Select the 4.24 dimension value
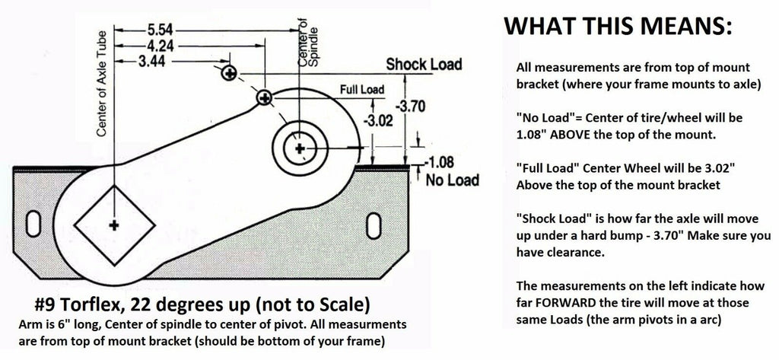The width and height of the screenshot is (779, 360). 158,45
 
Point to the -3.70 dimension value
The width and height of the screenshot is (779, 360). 412,107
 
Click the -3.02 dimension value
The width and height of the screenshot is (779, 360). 377,120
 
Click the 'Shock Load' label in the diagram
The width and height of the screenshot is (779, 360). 424,65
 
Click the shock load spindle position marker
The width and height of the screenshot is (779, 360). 229,74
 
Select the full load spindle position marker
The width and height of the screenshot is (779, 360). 264,97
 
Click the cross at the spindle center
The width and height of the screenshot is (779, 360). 300,146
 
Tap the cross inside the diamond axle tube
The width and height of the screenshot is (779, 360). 114,225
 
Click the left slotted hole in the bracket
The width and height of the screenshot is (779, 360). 35,224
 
